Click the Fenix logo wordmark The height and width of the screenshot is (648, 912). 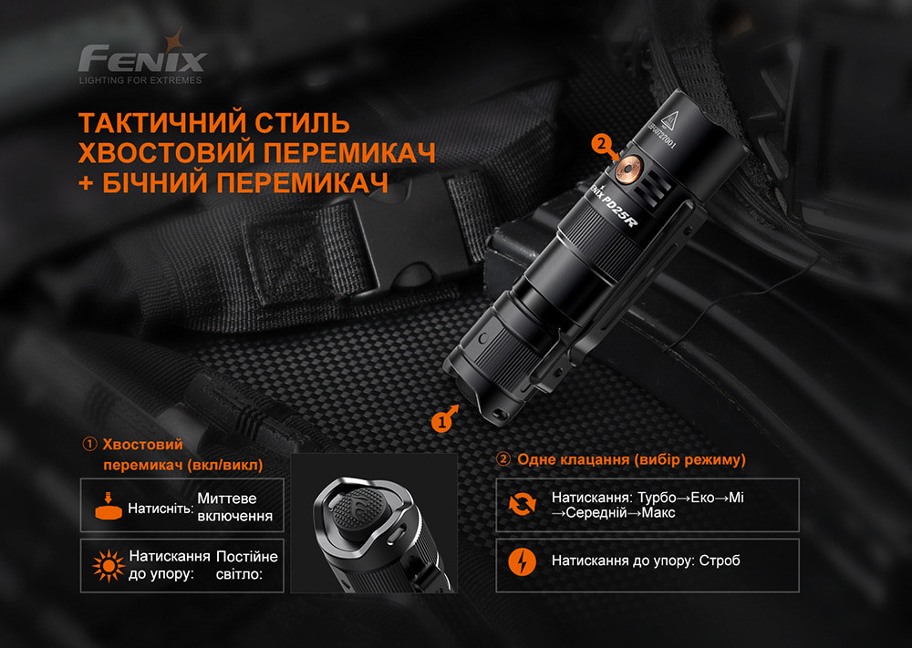(141, 59)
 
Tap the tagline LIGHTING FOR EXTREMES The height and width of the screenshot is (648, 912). (140, 81)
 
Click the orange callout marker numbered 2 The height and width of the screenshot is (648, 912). (599, 143)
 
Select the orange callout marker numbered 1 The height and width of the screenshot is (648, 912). (442, 421)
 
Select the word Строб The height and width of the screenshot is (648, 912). (720, 561)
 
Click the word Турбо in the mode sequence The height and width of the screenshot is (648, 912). (658, 497)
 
